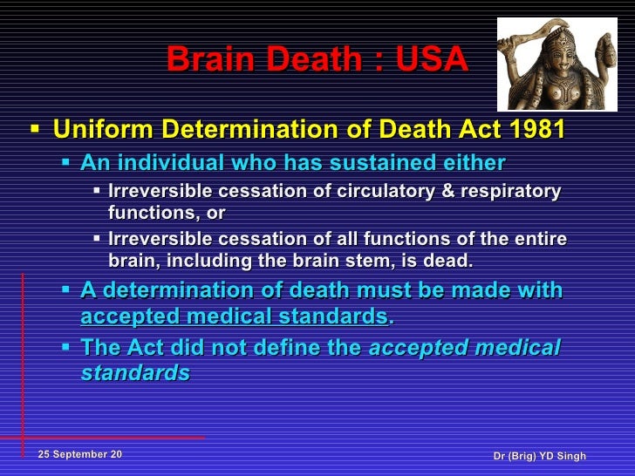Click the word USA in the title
click(x=432, y=59)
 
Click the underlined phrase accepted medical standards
click(x=236, y=316)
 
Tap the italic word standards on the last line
click(x=135, y=373)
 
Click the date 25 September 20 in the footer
click(x=80, y=456)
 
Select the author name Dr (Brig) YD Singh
click(x=539, y=457)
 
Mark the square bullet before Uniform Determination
click(x=34, y=130)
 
